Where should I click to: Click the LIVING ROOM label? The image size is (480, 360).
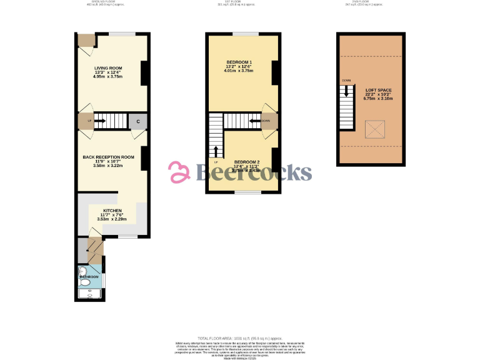[x=108, y=67]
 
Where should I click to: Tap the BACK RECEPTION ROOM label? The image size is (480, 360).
[x=109, y=157]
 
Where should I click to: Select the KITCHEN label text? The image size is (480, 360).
[x=112, y=211]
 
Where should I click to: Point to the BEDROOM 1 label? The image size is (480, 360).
[x=239, y=62]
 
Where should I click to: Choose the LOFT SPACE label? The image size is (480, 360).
[x=378, y=90]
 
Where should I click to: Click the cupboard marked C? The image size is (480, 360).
[x=137, y=121]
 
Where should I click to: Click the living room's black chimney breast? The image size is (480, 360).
[x=144, y=72]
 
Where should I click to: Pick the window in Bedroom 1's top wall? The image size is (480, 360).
[x=245, y=33]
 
